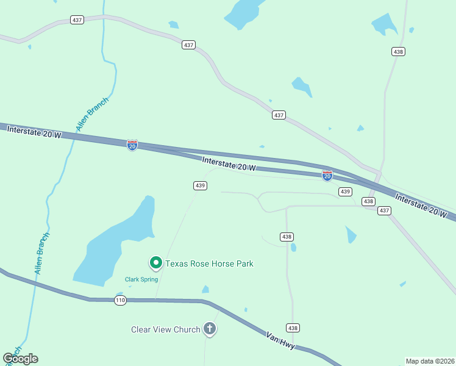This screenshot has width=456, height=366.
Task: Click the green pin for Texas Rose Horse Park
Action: coord(155,263)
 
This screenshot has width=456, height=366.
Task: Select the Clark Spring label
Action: coord(141,279)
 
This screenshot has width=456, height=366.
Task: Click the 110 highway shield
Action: coord(119,300)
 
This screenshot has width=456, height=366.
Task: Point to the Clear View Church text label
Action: coord(166,329)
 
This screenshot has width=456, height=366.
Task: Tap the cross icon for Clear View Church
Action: coord(210,329)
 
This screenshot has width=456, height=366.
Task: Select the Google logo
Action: coord(20,359)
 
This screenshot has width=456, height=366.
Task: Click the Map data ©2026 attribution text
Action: coord(430,361)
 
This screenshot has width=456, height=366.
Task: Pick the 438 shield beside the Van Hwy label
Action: coord(293,328)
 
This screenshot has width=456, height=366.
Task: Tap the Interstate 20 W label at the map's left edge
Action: coord(30,132)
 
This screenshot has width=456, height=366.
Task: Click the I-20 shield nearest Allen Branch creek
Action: coord(132,145)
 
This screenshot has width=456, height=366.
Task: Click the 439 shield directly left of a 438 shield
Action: coord(346,192)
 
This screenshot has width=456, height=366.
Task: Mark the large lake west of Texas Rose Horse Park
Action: coord(116,244)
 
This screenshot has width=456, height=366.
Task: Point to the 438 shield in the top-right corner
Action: coord(398,52)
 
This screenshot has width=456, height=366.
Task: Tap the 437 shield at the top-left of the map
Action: coord(77,20)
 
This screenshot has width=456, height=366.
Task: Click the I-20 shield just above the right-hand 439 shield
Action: coord(327,176)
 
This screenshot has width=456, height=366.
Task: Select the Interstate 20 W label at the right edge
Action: coord(421,206)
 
